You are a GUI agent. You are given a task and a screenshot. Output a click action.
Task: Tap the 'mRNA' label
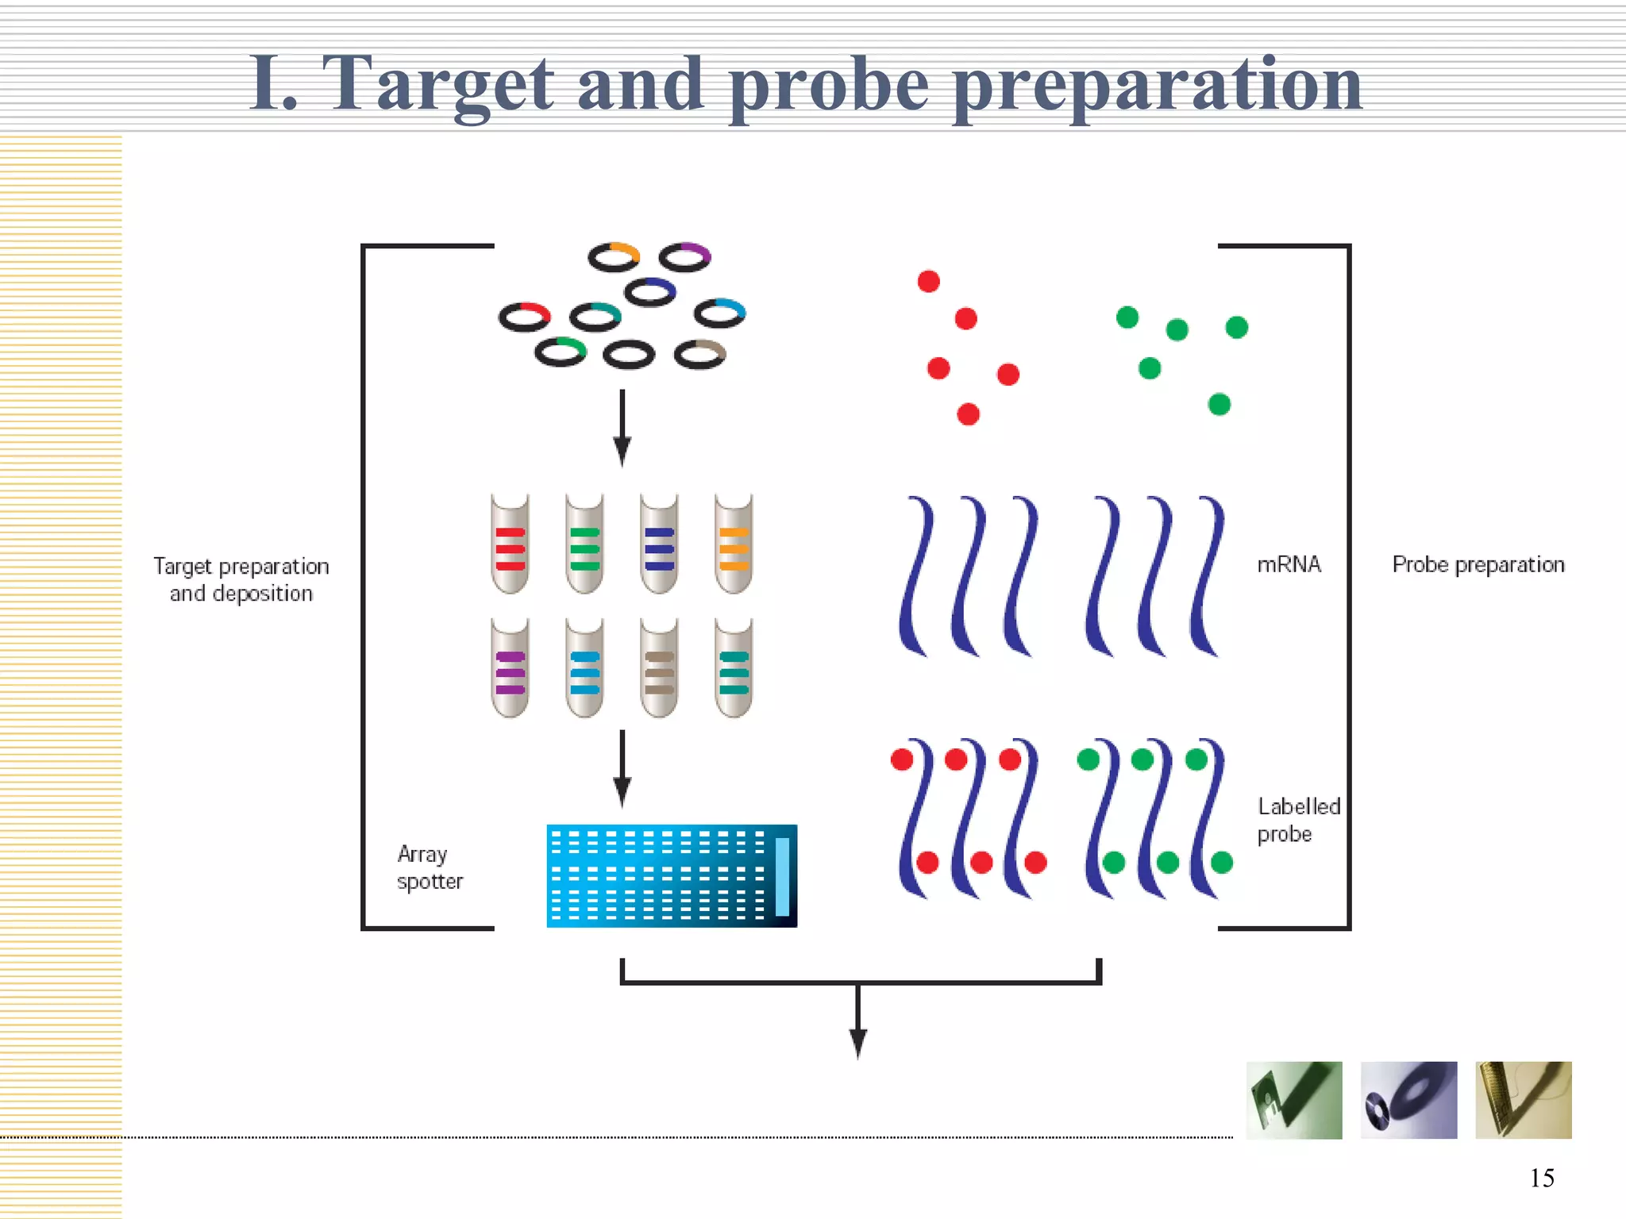tap(1289, 564)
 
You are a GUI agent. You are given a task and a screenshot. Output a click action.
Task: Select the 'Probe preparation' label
tap(1478, 564)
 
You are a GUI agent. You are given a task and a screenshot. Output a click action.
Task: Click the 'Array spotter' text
tap(429, 867)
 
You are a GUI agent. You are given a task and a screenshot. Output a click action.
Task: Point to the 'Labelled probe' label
tap(1298, 820)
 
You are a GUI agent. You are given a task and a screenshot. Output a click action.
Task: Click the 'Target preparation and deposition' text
tap(241, 579)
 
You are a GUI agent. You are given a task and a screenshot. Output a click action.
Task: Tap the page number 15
tap(1541, 1178)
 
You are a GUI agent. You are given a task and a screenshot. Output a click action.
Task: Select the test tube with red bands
tap(510, 544)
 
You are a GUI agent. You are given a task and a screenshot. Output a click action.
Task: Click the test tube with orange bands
tap(734, 544)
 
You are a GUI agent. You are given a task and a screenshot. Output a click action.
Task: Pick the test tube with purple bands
tap(510, 669)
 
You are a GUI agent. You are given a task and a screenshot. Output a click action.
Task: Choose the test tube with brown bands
tap(659, 669)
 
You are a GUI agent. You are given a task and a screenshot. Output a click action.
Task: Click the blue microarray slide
tap(672, 875)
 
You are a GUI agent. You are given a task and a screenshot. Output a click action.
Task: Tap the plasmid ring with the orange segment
tap(614, 257)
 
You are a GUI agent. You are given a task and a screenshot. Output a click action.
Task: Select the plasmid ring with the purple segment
tap(685, 257)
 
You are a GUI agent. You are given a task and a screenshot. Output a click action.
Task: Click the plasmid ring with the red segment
tap(524, 317)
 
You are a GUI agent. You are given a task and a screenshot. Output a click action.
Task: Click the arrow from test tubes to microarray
tap(622, 768)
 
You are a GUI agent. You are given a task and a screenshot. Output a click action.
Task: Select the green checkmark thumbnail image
tap(1293, 1100)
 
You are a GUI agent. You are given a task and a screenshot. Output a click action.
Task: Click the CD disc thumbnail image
tap(1408, 1100)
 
